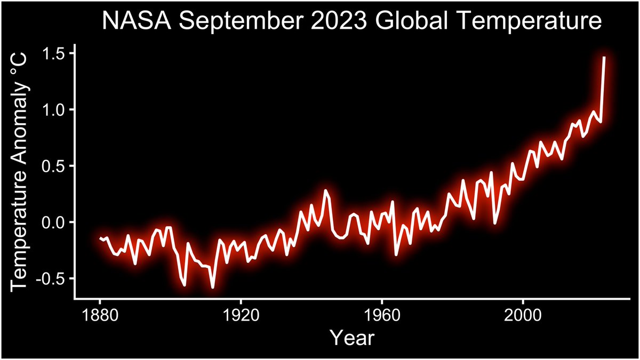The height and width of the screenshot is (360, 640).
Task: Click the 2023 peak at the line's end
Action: click(x=604, y=57)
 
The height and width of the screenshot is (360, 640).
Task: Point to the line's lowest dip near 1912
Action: click(x=213, y=287)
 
